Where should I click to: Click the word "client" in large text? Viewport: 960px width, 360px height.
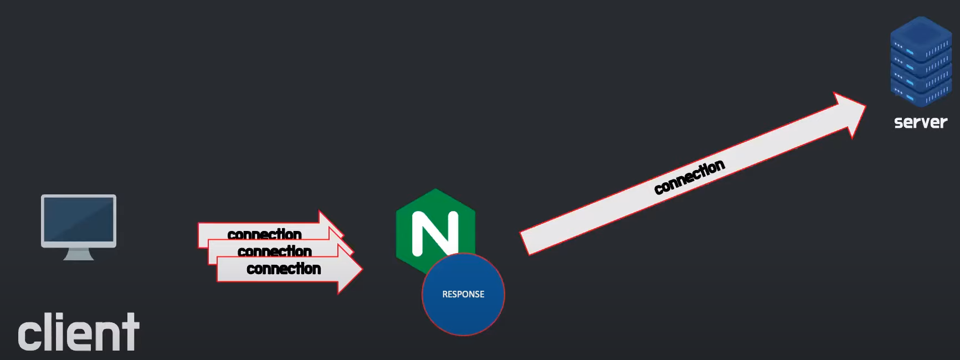(x=79, y=332)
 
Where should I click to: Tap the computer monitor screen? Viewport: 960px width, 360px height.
(x=79, y=219)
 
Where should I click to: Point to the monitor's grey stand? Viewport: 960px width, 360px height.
(x=79, y=254)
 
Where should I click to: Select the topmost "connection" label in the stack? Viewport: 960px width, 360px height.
(x=264, y=234)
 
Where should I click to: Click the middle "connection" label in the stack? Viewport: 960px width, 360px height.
(x=274, y=251)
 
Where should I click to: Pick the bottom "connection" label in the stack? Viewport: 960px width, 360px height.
(x=284, y=269)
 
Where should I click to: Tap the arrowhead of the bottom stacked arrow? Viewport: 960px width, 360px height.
(x=350, y=270)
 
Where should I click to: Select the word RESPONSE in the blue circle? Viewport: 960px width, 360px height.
(x=463, y=294)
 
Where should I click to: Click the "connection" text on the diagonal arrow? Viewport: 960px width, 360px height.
(x=689, y=177)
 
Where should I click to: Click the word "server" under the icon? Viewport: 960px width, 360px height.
(x=921, y=122)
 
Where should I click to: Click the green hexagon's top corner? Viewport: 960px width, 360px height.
(x=435, y=189)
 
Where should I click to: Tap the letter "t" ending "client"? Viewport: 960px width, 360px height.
(x=131, y=332)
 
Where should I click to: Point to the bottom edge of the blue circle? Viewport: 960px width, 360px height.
(x=463, y=334)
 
